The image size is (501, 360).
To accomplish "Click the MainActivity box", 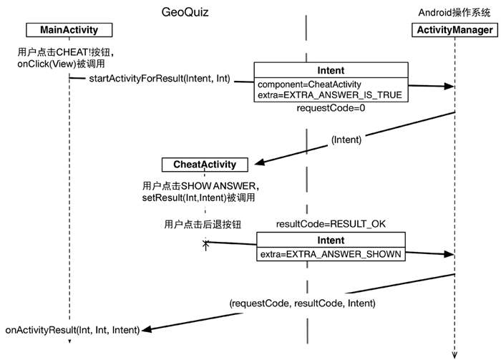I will [x=62, y=29].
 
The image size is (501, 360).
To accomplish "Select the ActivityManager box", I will [x=454, y=29].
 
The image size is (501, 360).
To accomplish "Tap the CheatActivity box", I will [x=205, y=165].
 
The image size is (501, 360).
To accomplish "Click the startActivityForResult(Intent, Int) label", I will [x=160, y=77].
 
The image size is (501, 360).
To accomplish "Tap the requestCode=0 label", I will [x=321, y=108].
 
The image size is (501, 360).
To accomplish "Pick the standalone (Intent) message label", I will [x=346, y=141].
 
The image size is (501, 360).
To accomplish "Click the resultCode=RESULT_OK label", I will [x=331, y=224].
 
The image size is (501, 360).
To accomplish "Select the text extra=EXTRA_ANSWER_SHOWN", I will [x=330, y=253].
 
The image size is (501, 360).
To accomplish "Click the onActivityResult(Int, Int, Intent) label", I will [x=72, y=330].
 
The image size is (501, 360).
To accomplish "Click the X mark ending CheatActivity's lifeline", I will [x=206, y=244].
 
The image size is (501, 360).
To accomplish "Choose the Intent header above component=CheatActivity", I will [x=330, y=71].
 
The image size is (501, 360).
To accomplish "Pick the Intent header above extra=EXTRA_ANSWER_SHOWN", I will [x=330, y=240].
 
